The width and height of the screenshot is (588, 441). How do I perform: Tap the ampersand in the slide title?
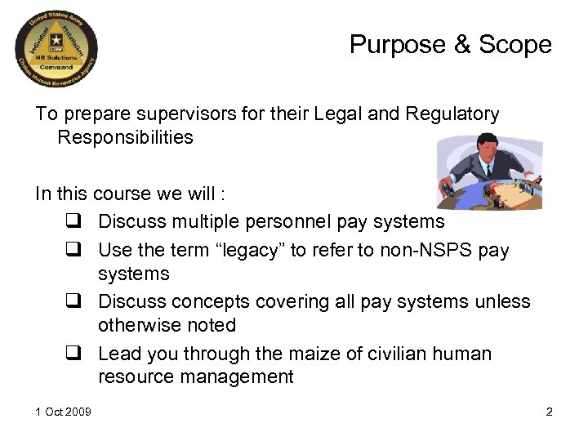[459, 45]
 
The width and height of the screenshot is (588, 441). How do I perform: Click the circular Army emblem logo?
[56, 53]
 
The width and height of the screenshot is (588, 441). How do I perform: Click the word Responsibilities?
[125, 137]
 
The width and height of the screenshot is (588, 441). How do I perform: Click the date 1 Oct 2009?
[63, 412]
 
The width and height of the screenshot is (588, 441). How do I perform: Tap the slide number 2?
[550, 412]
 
